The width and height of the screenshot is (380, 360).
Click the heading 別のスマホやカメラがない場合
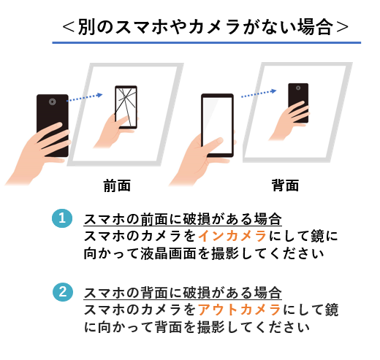(x=206, y=27)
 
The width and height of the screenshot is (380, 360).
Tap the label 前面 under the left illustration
(x=117, y=185)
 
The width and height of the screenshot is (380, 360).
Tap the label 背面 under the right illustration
(x=285, y=185)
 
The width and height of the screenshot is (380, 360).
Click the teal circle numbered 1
(x=64, y=218)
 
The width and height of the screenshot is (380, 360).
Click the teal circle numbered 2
(x=64, y=292)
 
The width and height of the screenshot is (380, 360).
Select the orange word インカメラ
(x=233, y=237)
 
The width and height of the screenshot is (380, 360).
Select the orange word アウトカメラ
(x=240, y=310)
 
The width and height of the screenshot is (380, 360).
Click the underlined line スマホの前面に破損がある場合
(x=182, y=219)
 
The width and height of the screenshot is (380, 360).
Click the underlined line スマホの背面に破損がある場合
(x=182, y=293)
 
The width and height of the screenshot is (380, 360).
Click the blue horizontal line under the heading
(x=206, y=43)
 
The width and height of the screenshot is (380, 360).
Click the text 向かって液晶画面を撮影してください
(x=203, y=254)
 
